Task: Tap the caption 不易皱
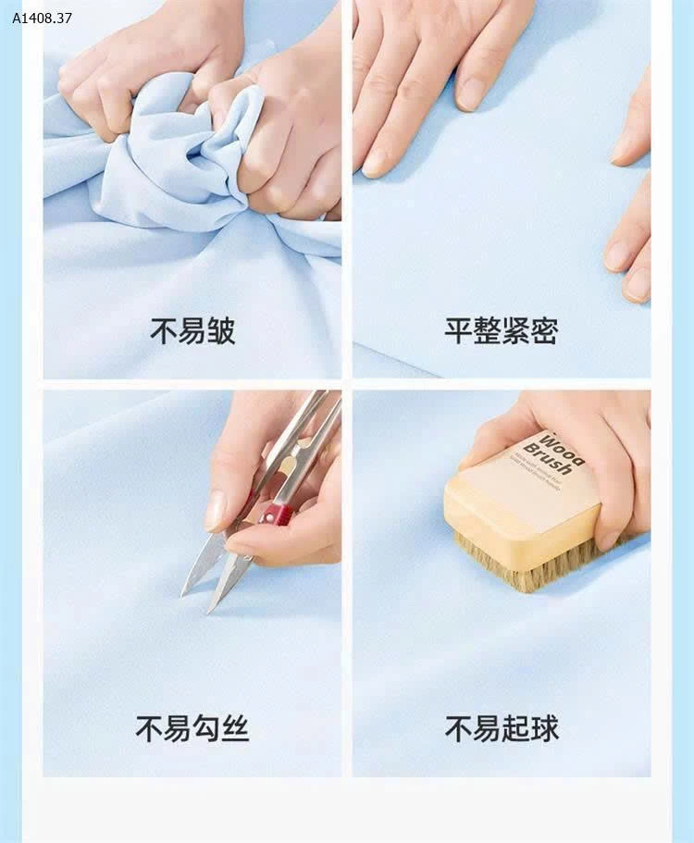(x=192, y=330)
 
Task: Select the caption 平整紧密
(x=501, y=330)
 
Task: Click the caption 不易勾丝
(x=192, y=728)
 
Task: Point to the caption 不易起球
(x=502, y=728)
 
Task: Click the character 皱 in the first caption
(x=221, y=330)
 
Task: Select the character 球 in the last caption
(x=545, y=728)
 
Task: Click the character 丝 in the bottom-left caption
(x=235, y=728)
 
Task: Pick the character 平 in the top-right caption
(x=458, y=330)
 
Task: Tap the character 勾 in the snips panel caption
(x=206, y=728)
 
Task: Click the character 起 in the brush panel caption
(x=515, y=728)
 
